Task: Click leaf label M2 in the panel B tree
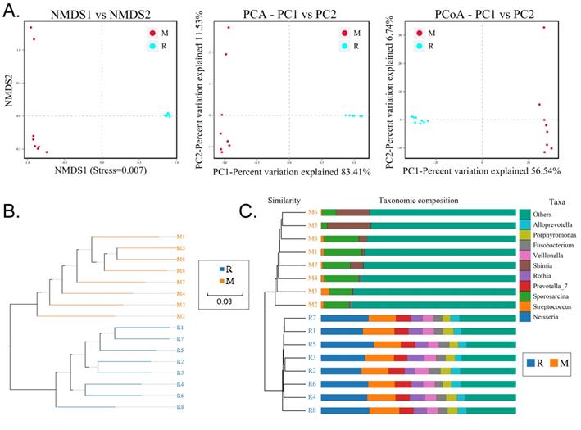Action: click(179, 315)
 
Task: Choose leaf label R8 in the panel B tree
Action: click(179, 406)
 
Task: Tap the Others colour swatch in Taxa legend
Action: click(524, 214)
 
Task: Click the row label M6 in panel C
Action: click(312, 212)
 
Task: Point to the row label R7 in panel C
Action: click(312, 318)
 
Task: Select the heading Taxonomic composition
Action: click(418, 200)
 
